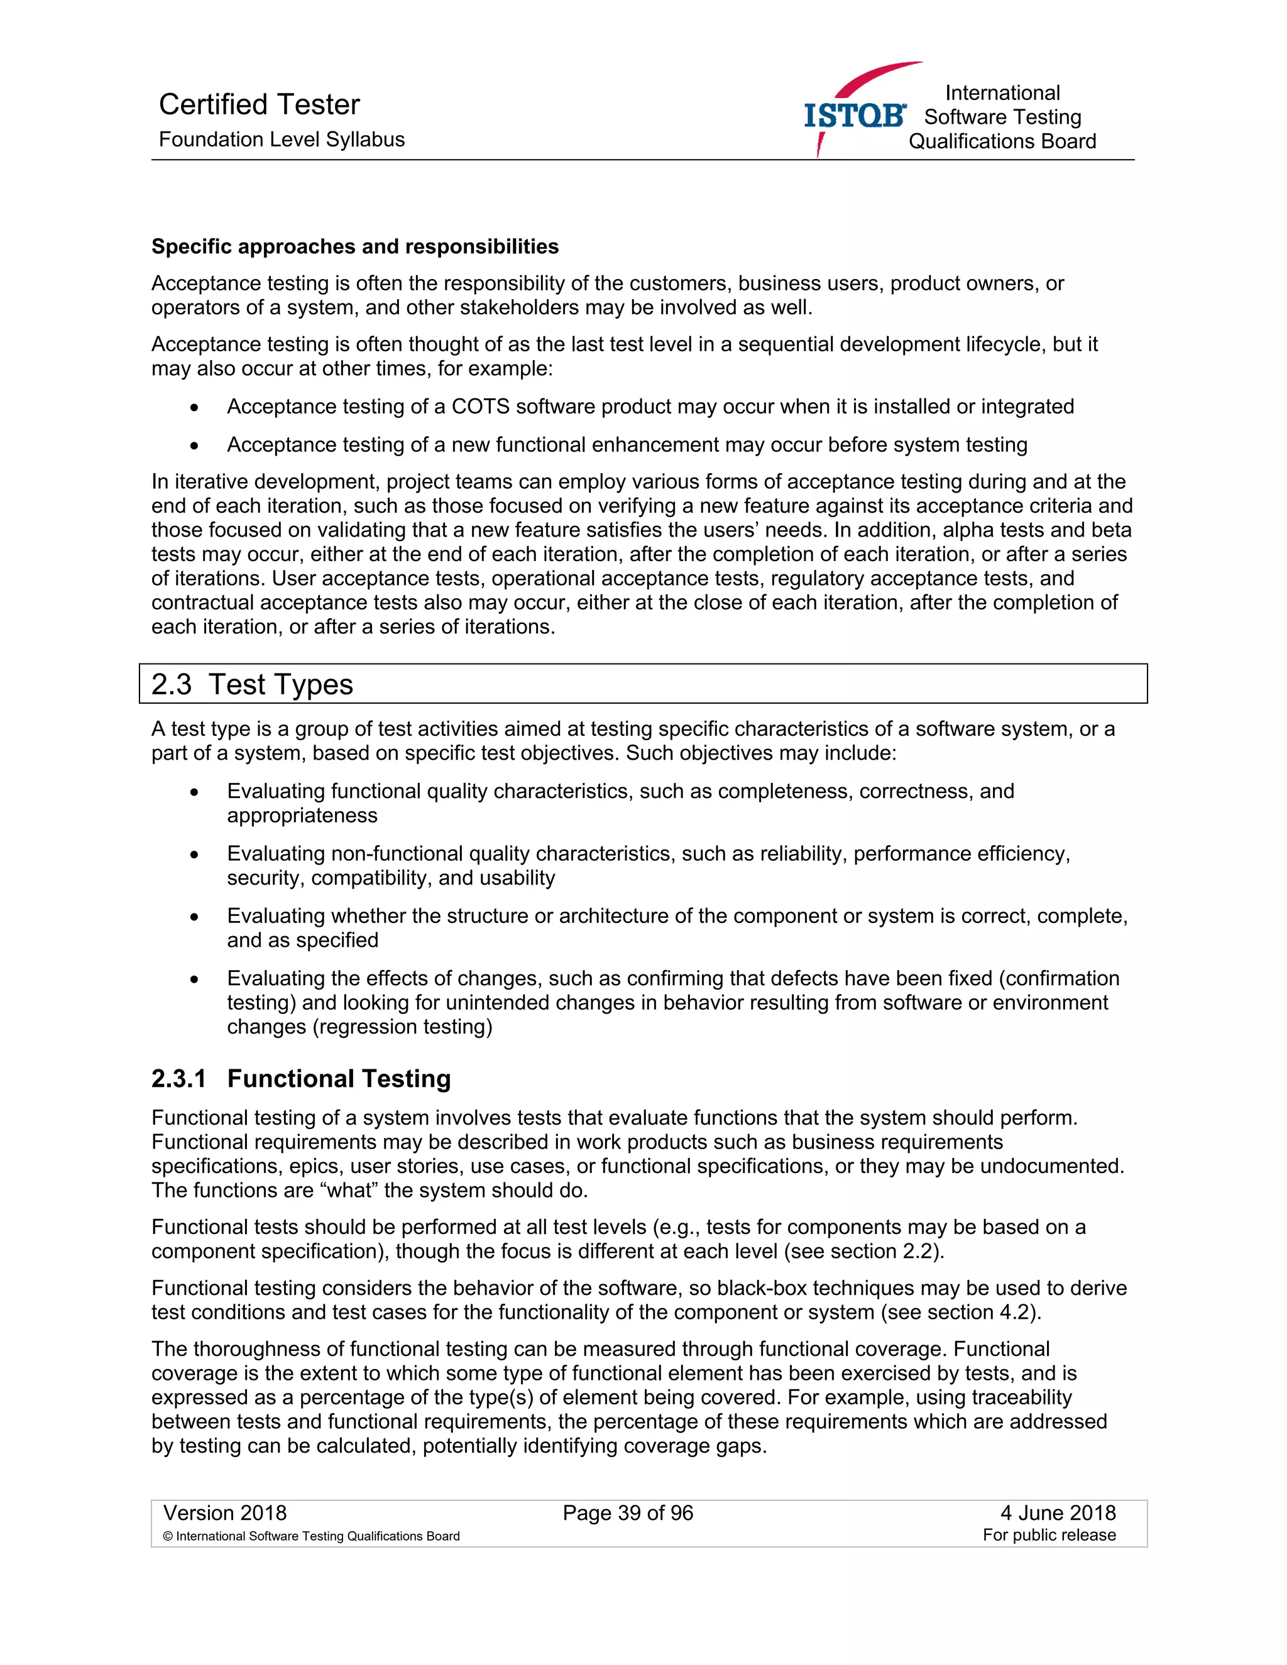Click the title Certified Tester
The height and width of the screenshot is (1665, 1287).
(x=260, y=104)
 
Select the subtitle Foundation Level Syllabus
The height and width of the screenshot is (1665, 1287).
(x=282, y=139)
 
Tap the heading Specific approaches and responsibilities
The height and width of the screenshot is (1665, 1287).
(x=354, y=246)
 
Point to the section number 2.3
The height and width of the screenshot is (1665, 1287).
(x=171, y=685)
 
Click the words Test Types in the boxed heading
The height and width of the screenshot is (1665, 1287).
(x=280, y=685)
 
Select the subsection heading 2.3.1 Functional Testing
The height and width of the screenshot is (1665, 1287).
(x=300, y=1079)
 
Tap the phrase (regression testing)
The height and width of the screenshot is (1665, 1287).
(x=402, y=1027)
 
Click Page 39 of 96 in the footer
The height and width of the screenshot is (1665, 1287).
(x=628, y=1514)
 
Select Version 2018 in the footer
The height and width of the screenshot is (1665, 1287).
(x=225, y=1514)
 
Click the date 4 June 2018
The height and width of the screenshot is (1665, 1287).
(x=1058, y=1514)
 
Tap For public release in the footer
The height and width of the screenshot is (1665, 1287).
(x=1048, y=1536)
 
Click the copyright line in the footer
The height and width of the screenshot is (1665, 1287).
(x=311, y=1536)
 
